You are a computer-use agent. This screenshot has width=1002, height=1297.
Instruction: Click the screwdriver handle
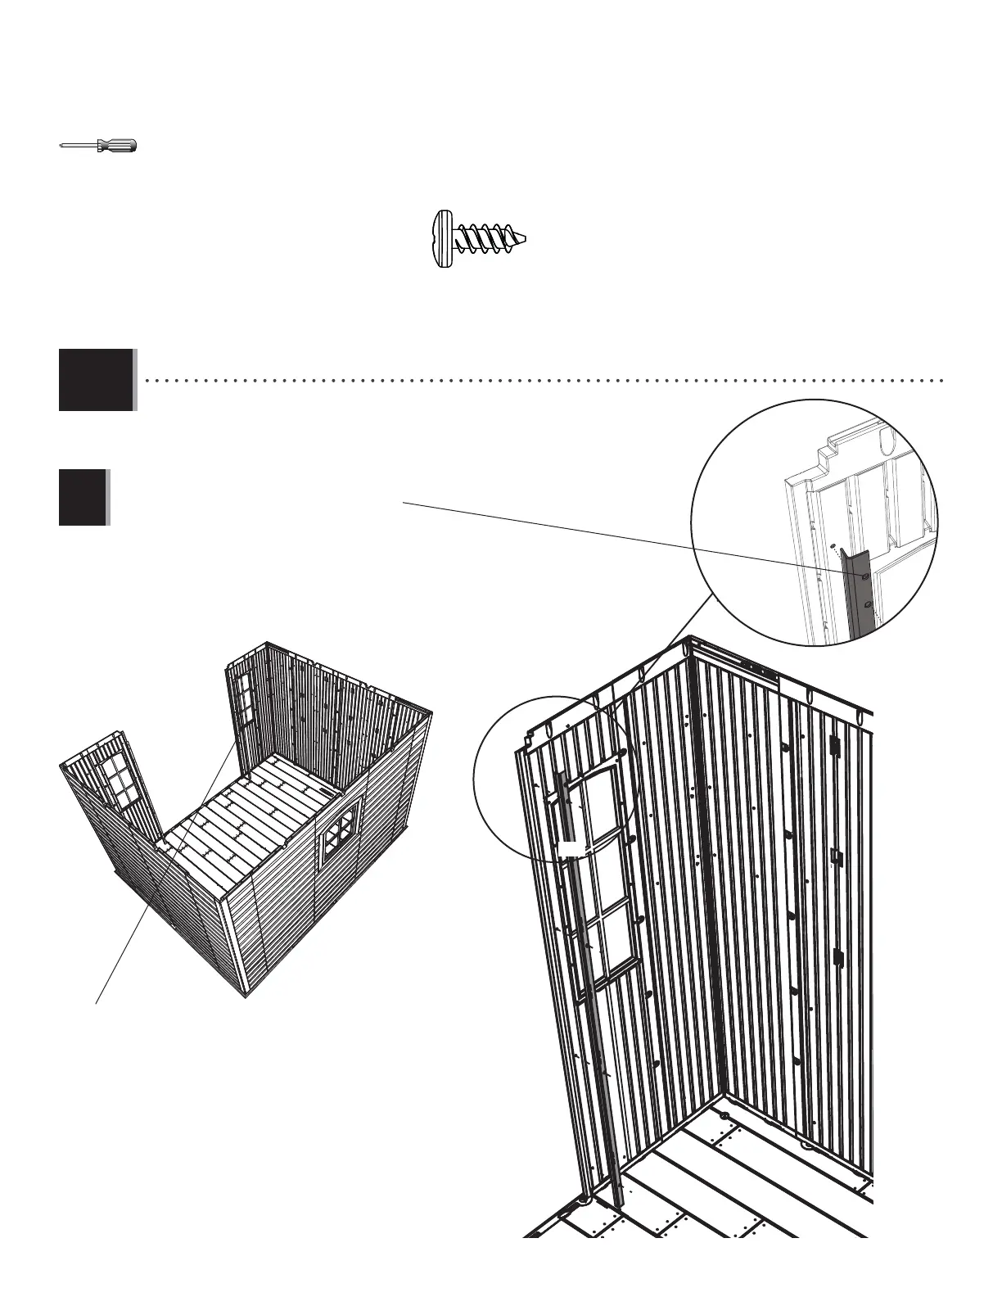pyautogui.click(x=116, y=146)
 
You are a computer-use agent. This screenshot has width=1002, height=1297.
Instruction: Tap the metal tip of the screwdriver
pyautogui.click(x=64, y=146)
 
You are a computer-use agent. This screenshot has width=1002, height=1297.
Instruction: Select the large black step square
pyautogui.click(x=96, y=380)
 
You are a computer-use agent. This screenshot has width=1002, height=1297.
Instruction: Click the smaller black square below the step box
pyautogui.click(x=83, y=497)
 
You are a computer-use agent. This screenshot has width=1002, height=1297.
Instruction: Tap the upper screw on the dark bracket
pyautogui.click(x=864, y=576)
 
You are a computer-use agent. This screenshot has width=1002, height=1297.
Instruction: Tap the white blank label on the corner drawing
pyautogui.click(x=571, y=847)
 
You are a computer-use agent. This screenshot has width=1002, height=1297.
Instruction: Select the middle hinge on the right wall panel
pyautogui.click(x=836, y=856)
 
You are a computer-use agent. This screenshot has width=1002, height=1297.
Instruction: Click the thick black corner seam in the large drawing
pyautogui.click(x=701, y=819)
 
